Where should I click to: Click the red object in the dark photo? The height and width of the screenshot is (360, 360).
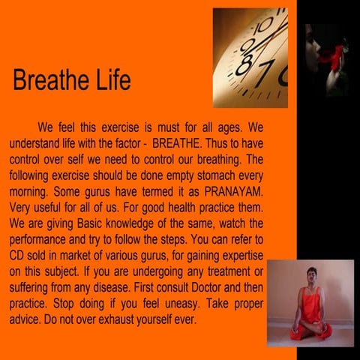(x=331, y=54)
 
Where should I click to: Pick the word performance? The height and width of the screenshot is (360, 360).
(x=42, y=241)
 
